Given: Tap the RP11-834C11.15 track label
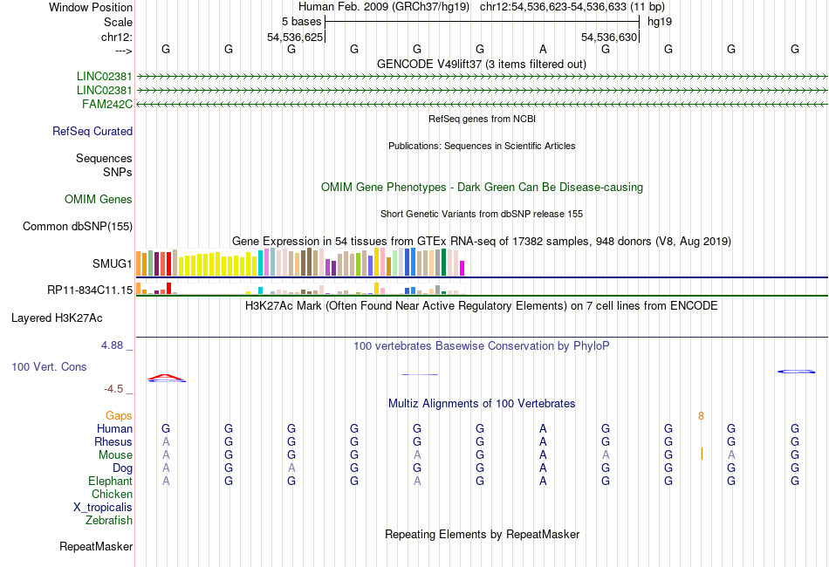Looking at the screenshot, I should [90, 290].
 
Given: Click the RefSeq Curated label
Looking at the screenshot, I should [92, 132].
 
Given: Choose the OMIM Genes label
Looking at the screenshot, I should [99, 200].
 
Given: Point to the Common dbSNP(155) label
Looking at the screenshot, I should [77, 227].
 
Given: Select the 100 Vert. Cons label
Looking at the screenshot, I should [49, 367].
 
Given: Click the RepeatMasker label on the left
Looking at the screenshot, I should [96, 547].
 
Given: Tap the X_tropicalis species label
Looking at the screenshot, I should [103, 508].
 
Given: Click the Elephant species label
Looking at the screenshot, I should [110, 482].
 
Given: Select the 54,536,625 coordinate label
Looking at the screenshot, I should [295, 38].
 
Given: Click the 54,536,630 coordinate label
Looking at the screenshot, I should [609, 38].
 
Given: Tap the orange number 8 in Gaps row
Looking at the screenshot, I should [701, 416].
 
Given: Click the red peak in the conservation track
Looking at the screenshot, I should [166, 377].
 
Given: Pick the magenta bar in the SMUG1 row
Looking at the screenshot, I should [462, 267].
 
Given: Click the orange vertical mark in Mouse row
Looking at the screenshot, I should [702, 454].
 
